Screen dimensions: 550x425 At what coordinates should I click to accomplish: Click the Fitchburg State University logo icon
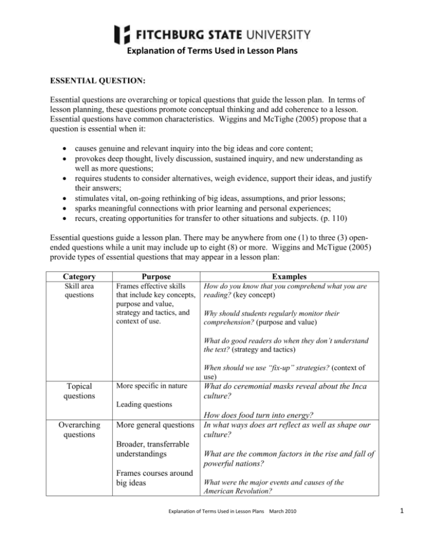click(122, 34)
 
